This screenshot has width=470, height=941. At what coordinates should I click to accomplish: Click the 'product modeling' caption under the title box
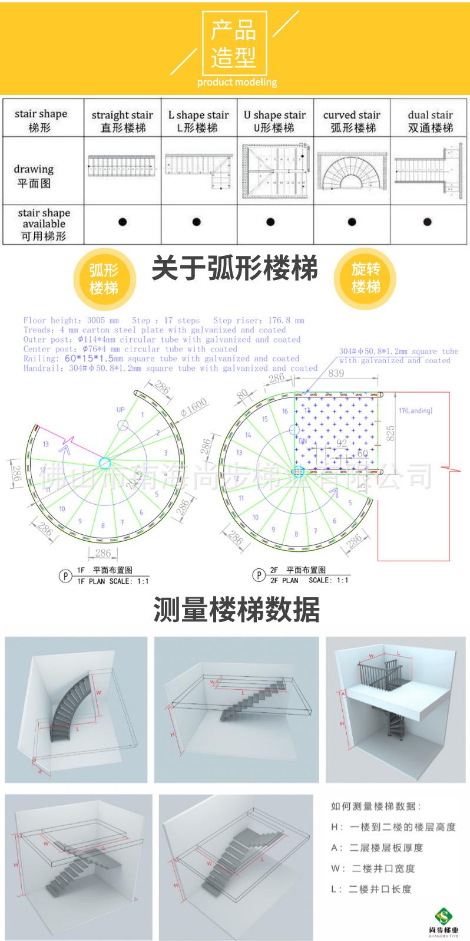(237, 83)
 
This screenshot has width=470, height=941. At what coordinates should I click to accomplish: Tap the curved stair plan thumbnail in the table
(352, 170)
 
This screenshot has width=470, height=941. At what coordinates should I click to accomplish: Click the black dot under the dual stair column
(428, 222)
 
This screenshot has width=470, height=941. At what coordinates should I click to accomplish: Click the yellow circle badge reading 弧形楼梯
(104, 279)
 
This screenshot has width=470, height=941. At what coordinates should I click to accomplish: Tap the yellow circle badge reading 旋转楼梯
(366, 278)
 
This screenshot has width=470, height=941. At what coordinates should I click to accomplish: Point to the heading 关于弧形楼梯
(234, 269)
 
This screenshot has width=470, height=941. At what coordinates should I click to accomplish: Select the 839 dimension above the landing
(336, 373)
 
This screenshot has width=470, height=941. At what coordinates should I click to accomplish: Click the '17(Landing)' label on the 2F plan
(415, 411)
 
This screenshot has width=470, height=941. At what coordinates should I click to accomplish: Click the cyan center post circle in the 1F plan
(105, 462)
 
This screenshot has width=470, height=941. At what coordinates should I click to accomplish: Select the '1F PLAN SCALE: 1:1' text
(112, 581)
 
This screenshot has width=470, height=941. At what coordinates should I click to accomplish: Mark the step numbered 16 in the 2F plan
(284, 412)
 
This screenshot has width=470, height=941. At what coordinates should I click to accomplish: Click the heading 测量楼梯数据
(236, 610)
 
